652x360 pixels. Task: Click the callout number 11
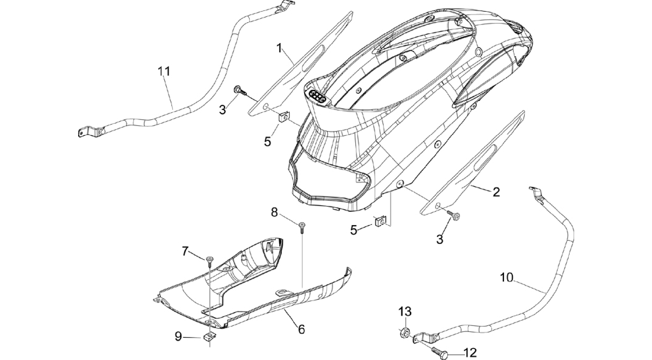click(164, 71)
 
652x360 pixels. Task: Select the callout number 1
click(280, 48)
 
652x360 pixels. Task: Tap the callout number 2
click(496, 192)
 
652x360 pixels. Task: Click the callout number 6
click(301, 329)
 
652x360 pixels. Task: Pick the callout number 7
click(185, 252)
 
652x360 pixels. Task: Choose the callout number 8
click(274, 212)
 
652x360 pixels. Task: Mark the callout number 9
click(178, 336)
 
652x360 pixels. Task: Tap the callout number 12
click(470, 353)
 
